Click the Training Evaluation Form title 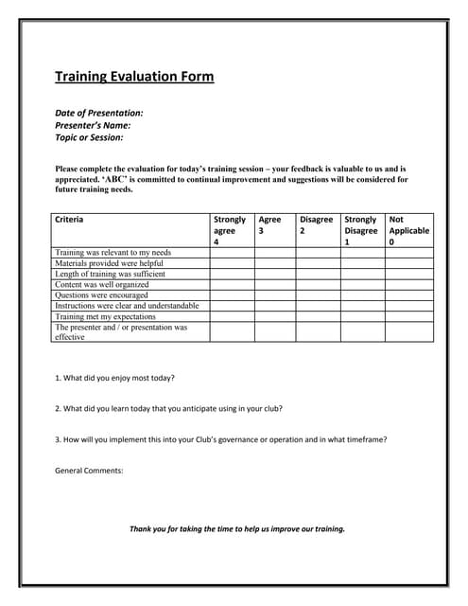[x=134, y=77]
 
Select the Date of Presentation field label [x=99, y=113]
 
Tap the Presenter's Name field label [x=93, y=125]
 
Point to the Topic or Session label [x=89, y=137]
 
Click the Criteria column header [x=69, y=220]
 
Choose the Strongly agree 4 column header [x=230, y=230]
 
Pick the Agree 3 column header [x=269, y=224]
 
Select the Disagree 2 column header [x=316, y=224]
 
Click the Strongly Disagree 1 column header [x=360, y=230]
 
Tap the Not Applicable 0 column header [x=408, y=230]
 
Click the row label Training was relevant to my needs [x=113, y=253]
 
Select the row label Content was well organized [x=102, y=284]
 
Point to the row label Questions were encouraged [x=101, y=294]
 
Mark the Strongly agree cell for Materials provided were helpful [x=231, y=263]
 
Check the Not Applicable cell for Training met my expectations [x=409, y=316]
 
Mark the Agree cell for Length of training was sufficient [x=274, y=274]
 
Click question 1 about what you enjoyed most [x=114, y=378]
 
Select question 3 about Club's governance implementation [x=221, y=439]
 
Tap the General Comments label [x=89, y=471]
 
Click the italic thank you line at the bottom [x=236, y=528]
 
